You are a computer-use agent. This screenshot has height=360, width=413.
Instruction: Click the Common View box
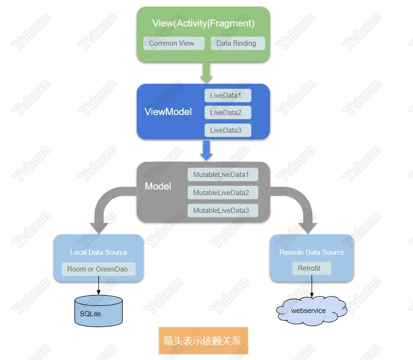coord(174,43)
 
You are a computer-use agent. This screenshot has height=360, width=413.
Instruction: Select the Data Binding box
coord(238,43)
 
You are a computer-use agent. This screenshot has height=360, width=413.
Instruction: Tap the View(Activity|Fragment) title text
coord(203,23)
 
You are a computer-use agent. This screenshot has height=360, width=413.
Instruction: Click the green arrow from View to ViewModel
coord(206,73)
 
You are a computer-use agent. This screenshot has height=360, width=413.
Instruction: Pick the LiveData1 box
coord(228,95)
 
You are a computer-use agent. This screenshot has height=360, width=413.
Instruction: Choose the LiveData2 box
coord(228,113)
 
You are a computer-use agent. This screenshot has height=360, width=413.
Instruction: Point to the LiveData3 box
coord(228,130)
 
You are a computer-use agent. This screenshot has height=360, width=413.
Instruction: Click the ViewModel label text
coord(168,112)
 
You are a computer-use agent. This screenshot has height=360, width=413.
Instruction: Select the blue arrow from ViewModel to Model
coord(206,150)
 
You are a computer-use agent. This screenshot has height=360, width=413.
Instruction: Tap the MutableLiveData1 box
coord(223,175)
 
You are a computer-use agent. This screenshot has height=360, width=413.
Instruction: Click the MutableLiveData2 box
coord(223,193)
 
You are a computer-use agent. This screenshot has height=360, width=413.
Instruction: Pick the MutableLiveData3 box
coord(223,211)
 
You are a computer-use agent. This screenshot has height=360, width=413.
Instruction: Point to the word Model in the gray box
coord(158,186)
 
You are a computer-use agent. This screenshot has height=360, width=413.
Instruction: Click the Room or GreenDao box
coord(99,269)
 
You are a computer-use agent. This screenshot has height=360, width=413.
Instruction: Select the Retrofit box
coord(311,268)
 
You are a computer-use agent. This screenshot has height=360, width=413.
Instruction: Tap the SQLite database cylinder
coord(99,311)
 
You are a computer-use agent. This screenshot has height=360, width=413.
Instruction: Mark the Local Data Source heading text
coord(99,252)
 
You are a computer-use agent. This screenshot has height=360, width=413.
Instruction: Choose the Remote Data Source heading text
coord(311,252)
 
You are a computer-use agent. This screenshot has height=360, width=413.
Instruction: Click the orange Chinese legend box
coord(203,340)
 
